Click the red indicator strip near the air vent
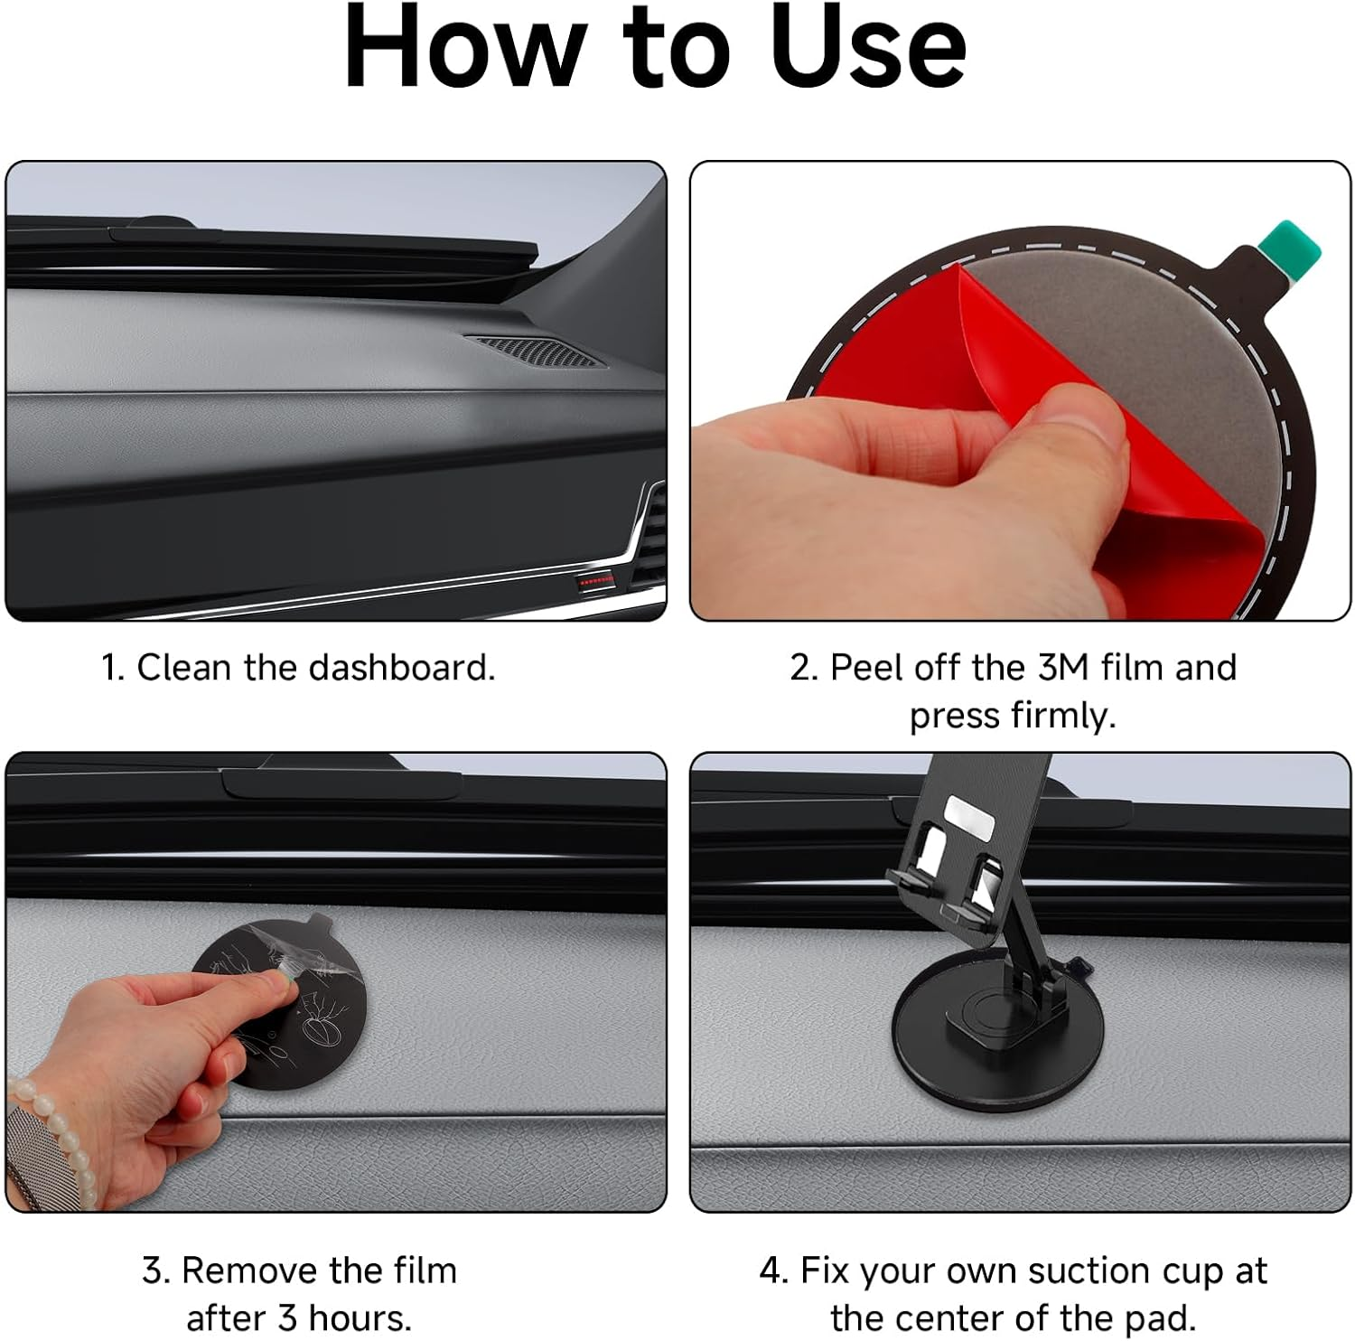pos(595,582)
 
